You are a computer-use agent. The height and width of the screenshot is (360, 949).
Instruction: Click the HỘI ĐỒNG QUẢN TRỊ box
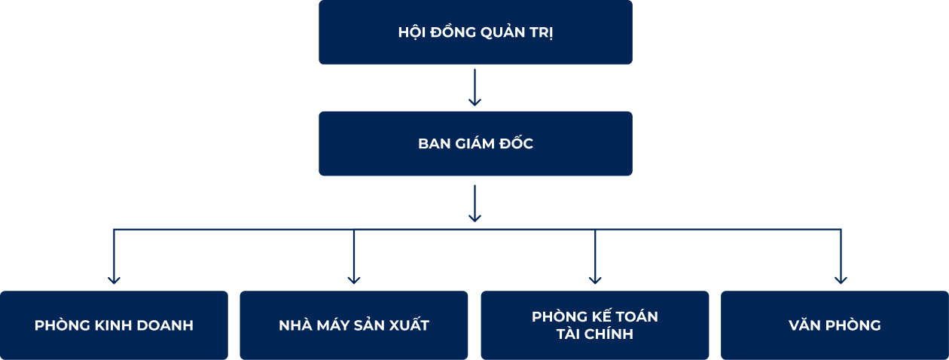pos(475,32)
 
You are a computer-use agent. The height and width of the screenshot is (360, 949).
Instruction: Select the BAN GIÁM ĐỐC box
pos(475,144)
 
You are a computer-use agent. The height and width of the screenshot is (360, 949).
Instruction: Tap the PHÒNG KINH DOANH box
pos(114,325)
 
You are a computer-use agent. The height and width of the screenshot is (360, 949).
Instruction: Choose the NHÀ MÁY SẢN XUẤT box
pos(354,325)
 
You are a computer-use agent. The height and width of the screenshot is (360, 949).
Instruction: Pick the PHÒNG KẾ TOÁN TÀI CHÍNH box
pos(595,325)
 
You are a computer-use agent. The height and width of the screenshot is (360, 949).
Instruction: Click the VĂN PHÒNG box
pos(835,325)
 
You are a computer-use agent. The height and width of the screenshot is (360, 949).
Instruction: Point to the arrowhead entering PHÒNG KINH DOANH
pos(114,279)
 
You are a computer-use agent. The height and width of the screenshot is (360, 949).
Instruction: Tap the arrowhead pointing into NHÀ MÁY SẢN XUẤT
pos(354,279)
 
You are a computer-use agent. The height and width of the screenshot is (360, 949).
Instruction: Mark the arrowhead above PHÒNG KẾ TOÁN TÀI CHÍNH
pos(595,279)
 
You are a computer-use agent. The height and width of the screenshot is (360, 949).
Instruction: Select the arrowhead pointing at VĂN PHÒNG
pos(841,279)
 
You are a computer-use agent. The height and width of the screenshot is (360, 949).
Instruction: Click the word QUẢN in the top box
pos(503,33)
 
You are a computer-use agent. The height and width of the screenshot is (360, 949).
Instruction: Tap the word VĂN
pos(804,326)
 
